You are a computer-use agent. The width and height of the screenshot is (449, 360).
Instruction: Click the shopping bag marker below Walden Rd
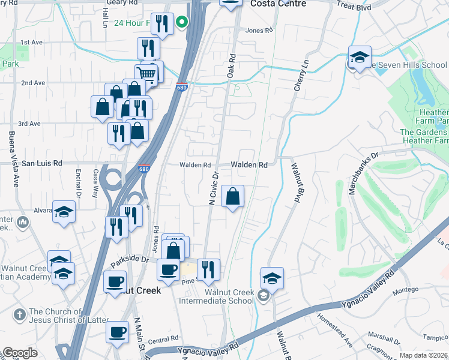(x=232, y=196)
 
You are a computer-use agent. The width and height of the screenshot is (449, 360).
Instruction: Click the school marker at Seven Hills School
(x=360, y=58)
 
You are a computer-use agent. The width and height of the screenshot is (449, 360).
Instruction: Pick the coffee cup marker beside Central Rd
(x=118, y=332)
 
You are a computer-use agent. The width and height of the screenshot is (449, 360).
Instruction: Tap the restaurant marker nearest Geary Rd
(x=161, y=24)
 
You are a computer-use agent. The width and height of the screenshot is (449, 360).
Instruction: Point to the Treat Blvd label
(x=354, y=7)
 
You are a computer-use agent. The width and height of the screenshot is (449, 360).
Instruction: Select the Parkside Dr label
(x=130, y=260)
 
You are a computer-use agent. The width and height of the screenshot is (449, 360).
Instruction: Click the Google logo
(x=20, y=353)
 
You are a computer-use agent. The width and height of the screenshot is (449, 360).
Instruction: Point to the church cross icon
(x=20, y=313)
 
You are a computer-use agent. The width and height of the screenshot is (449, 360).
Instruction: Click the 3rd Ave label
(x=29, y=124)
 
